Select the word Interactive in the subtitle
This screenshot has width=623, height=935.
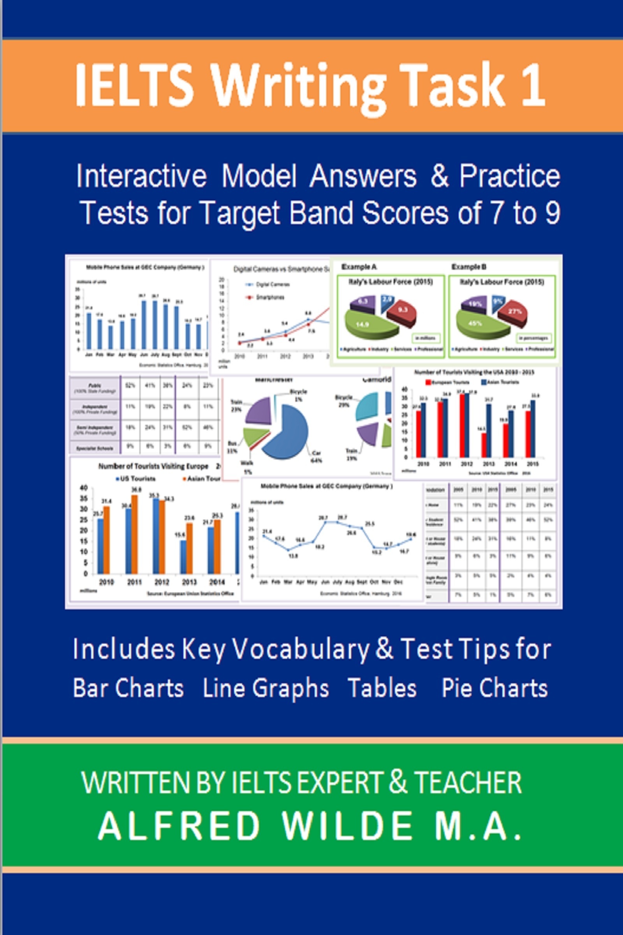point(141,176)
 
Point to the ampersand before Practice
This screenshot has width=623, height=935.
point(439,176)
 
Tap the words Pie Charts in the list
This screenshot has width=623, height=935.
point(494,688)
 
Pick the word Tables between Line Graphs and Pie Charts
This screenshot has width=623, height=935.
point(382,688)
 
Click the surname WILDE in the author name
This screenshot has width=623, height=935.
point(347,826)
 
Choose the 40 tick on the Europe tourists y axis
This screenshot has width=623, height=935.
point(84,488)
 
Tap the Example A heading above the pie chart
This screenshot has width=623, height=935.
point(359,267)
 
